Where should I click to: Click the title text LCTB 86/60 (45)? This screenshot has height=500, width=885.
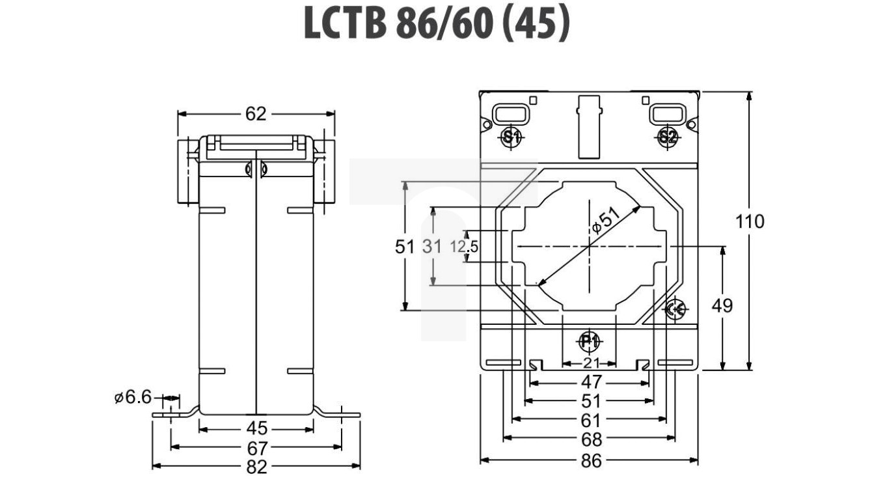pyautogui.click(x=437, y=25)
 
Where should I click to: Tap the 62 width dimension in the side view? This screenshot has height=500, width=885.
pyautogui.click(x=256, y=114)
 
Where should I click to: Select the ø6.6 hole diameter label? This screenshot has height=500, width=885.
pyautogui.click(x=132, y=397)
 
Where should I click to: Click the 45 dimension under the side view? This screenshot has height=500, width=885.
pyautogui.click(x=257, y=428)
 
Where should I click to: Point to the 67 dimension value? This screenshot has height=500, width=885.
pyautogui.click(x=257, y=448)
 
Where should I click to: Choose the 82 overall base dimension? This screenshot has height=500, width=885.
pyautogui.click(x=257, y=467)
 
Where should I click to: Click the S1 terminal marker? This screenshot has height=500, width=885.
pyautogui.click(x=511, y=137)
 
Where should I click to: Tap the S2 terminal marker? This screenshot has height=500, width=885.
pyautogui.click(x=668, y=137)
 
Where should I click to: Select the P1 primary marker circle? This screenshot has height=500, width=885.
pyautogui.click(x=590, y=340)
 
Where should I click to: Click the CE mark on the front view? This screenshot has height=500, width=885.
pyautogui.click(x=675, y=310)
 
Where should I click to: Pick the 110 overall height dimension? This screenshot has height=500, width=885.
pyautogui.click(x=750, y=221)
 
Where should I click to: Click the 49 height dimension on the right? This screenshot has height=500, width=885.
pyautogui.click(x=722, y=305)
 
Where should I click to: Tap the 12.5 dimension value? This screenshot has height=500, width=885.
pyautogui.click(x=465, y=247)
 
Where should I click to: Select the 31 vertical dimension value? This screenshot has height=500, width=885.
pyautogui.click(x=431, y=247)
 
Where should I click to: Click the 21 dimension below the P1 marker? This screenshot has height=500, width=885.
pyautogui.click(x=590, y=363)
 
